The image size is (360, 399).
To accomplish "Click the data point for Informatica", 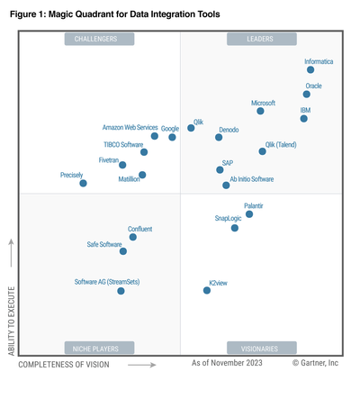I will [x=310, y=69].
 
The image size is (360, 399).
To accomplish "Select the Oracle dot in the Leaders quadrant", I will [x=307, y=94].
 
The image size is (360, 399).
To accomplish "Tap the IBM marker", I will [x=304, y=118].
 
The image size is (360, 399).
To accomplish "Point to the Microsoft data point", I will [x=261, y=111].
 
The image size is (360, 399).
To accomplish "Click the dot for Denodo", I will [x=220, y=138].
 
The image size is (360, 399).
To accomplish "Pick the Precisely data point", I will [x=84, y=183].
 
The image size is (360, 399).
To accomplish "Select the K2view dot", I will [x=207, y=290].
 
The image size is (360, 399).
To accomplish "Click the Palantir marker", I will [x=249, y=214].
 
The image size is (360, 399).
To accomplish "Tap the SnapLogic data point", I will [x=235, y=228].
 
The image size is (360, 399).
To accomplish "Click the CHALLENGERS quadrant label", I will [x=99, y=39].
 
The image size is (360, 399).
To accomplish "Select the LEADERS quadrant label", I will [x=261, y=39].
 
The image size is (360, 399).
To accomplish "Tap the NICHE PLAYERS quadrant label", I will [x=99, y=348].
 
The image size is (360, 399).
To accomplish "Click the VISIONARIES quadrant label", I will [x=261, y=348].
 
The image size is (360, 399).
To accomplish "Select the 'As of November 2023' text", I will [x=227, y=364].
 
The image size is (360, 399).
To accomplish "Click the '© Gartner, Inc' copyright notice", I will [x=315, y=364].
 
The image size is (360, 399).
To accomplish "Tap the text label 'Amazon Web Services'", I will [x=130, y=128].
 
